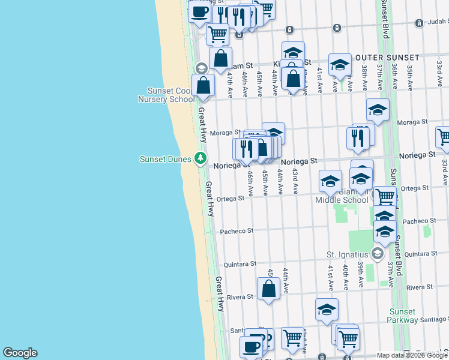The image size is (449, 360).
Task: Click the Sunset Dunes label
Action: coord(165,159)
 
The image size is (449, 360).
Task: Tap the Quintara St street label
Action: coord(240,263)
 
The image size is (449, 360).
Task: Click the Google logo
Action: coord(20,353)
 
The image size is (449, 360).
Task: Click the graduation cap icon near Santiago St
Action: coord(327,309)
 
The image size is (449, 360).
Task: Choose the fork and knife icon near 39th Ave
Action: coord(357,138)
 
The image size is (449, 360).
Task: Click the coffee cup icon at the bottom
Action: coord(250,346)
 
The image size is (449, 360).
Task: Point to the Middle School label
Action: coord(348,200)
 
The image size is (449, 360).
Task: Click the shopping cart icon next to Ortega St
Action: coord(384,196)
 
